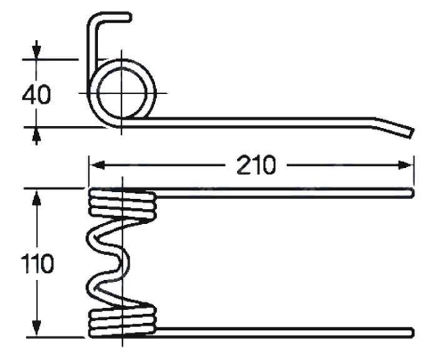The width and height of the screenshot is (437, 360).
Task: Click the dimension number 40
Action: (36, 95)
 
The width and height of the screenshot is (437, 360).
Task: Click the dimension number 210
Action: (256, 165)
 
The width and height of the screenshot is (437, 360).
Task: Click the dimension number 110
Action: (37, 263)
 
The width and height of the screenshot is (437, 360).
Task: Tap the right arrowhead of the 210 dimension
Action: (406, 165)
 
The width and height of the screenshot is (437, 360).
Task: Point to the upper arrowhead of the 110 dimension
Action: (36, 197)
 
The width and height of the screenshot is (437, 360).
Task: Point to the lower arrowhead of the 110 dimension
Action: (36, 328)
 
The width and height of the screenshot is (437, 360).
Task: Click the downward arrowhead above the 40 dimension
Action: (36, 51)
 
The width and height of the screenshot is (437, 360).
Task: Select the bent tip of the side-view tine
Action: (410, 132)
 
